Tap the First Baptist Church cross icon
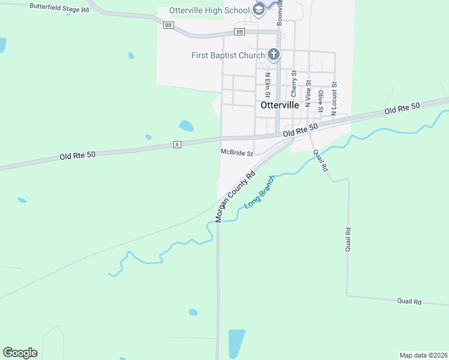273,55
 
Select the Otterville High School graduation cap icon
259,10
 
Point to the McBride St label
237,153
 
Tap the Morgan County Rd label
236,196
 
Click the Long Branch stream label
259,193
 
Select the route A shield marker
177,145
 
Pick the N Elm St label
268,85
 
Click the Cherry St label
294,84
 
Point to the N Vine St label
308,92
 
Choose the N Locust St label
334,98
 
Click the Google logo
20,353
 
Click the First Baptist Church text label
228,56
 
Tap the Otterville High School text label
209,10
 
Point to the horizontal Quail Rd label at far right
409,302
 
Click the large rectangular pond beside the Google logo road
237,343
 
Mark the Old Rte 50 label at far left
77,156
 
